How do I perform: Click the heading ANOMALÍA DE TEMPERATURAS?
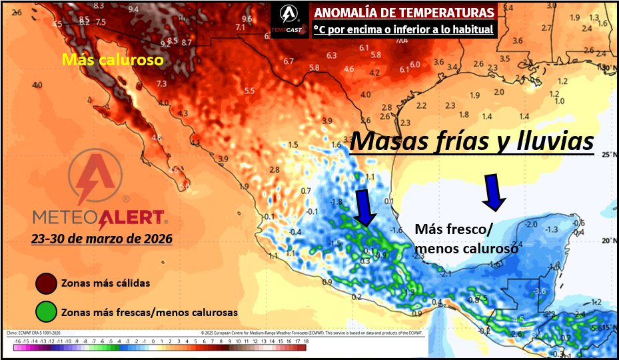[x=404, y=13]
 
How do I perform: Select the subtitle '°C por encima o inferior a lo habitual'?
[x=404, y=29]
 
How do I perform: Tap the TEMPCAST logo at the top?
[x=288, y=18]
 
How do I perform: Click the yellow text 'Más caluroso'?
[x=113, y=60]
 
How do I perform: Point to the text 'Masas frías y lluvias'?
[x=472, y=142]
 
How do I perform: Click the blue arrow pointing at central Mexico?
[x=365, y=207]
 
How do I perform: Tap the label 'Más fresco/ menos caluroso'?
[x=466, y=239]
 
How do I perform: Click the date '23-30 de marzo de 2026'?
[x=101, y=238]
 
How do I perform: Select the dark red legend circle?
[x=46, y=283]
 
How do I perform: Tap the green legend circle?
[x=46, y=311]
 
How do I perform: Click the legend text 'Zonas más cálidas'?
[x=105, y=283]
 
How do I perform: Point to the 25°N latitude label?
[x=608, y=155]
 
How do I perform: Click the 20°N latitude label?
[x=608, y=241]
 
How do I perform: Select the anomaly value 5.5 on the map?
[x=250, y=91]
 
